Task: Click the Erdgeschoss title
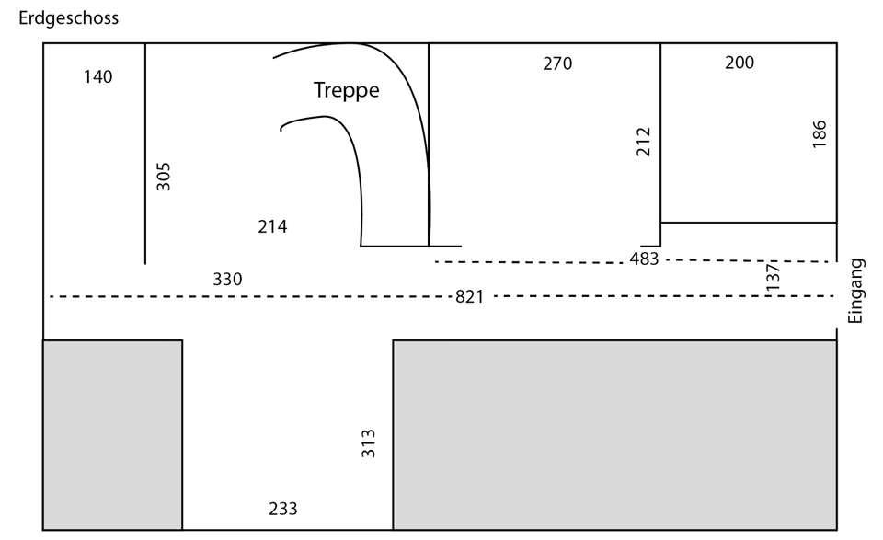[x=68, y=17]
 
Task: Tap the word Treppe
[x=346, y=90]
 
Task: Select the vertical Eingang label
[x=855, y=291]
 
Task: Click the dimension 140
[x=97, y=76]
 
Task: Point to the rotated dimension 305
[x=164, y=176]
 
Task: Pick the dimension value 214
[x=272, y=226]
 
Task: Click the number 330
[x=227, y=280]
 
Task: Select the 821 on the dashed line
[x=470, y=297]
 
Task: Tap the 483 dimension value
[x=644, y=259]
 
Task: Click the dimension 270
[x=557, y=63]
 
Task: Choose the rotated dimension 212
[x=644, y=142]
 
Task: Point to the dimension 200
[x=740, y=63]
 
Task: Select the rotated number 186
[x=820, y=133]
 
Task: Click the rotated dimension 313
[x=369, y=443]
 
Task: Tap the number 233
[x=283, y=509]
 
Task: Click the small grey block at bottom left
[x=112, y=434]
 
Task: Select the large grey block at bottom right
[x=614, y=434]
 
